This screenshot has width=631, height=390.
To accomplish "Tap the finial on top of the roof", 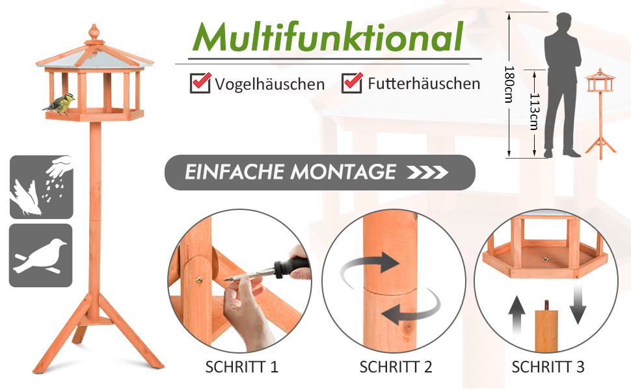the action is click(x=94, y=33).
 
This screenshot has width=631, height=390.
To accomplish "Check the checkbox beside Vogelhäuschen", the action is click(x=200, y=83).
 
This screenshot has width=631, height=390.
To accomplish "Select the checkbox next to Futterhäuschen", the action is click(x=352, y=83).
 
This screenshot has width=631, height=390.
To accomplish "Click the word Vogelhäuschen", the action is click(x=269, y=84).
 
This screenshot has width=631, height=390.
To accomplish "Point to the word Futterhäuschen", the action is click(x=423, y=84).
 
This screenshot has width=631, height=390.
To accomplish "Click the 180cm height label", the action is click(x=509, y=84).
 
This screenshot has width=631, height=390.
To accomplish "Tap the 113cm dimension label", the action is click(x=535, y=112).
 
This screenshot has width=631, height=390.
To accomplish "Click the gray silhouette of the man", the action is click(x=562, y=85).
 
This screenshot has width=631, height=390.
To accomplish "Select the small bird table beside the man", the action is click(x=600, y=114).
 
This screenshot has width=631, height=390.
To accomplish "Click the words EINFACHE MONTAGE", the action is click(x=290, y=172).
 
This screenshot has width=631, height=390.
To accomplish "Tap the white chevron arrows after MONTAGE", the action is click(x=427, y=172).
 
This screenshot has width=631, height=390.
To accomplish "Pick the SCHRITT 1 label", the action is click(x=241, y=367).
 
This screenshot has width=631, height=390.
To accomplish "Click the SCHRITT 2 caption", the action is click(x=396, y=367).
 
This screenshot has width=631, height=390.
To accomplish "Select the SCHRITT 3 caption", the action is click(x=548, y=367).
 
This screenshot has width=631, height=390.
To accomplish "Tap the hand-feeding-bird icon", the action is click(x=42, y=187).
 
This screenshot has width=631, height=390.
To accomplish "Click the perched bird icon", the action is click(x=40, y=255).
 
